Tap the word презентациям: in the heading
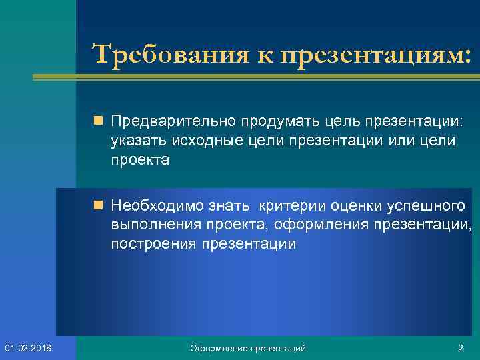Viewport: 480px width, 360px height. pyautogui.click(x=377, y=53)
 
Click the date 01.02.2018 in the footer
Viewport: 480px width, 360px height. pyautogui.click(x=33, y=348)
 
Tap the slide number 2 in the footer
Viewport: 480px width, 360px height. pyautogui.click(x=460, y=348)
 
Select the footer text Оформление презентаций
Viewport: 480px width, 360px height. pyautogui.click(x=248, y=348)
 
